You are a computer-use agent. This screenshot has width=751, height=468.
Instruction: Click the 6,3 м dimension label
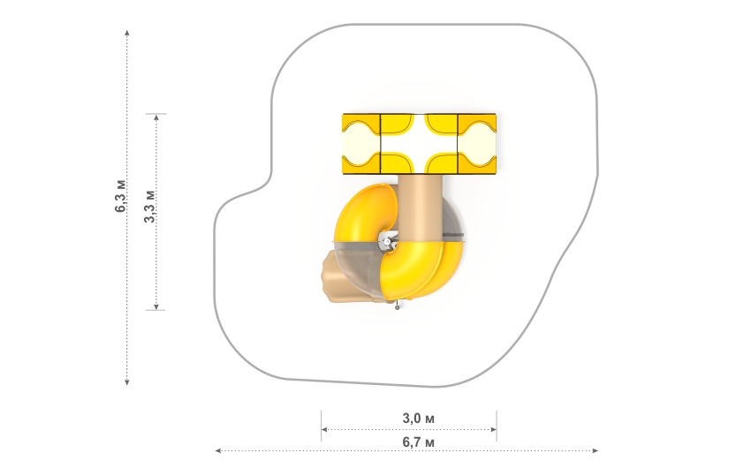pyautogui.click(x=121, y=196)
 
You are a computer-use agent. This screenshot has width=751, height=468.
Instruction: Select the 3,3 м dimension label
pyautogui.click(x=150, y=207)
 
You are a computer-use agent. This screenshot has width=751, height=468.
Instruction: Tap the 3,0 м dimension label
pyautogui.click(x=418, y=419)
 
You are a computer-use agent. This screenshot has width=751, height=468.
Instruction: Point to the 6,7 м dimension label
pyautogui.click(x=418, y=442)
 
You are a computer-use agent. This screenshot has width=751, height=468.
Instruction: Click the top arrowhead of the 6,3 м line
pyautogui.click(x=127, y=33)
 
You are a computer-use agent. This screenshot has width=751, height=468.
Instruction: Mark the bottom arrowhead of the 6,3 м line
pyautogui.click(x=127, y=381)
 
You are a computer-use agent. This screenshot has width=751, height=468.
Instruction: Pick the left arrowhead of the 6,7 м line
pyautogui.click(x=218, y=450)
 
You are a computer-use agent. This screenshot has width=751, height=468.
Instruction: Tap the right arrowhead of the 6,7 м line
pyautogui.click(x=595, y=450)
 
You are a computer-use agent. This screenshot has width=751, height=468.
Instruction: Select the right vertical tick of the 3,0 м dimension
pyautogui.click(x=497, y=426)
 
